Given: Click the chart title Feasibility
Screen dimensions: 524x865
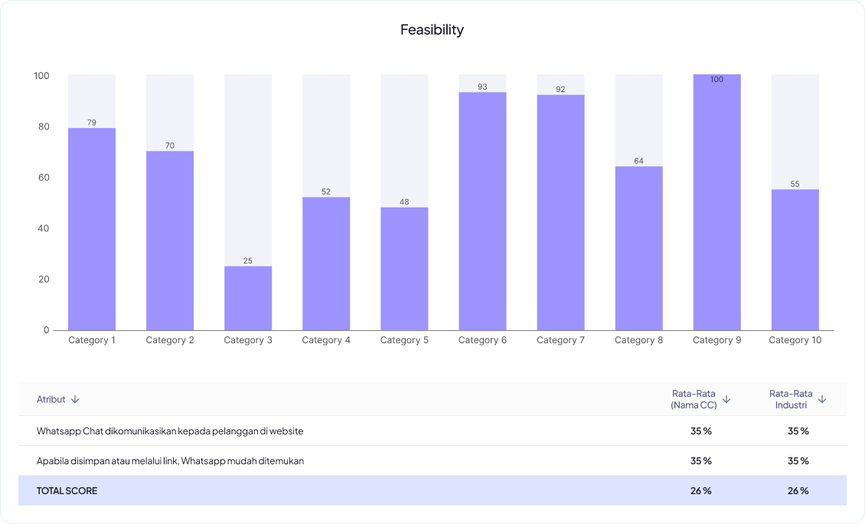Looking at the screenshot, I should click(x=432, y=30).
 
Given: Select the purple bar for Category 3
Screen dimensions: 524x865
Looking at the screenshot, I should click(x=248, y=298).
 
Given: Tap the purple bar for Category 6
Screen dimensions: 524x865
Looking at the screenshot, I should click(x=482, y=211).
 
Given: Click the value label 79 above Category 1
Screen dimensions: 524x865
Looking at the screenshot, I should click(x=92, y=123).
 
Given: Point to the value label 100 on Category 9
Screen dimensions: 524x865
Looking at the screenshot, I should click(x=716, y=80).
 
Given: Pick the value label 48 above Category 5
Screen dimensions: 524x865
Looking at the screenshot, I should click(x=404, y=202).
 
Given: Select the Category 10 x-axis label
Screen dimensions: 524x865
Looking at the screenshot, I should click(x=795, y=340).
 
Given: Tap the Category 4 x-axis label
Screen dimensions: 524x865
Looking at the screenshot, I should click(x=326, y=340).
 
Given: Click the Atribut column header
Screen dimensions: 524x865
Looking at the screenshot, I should click(x=51, y=399).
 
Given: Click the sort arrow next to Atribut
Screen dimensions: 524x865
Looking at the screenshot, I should click(x=75, y=399).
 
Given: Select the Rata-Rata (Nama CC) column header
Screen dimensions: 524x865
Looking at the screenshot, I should click(x=694, y=399).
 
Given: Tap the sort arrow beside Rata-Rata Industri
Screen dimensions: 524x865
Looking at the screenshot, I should click(x=822, y=399).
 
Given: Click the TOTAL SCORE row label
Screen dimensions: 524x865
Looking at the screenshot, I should click(x=67, y=490).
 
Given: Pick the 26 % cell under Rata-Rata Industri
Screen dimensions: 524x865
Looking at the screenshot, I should click(x=798, y=490).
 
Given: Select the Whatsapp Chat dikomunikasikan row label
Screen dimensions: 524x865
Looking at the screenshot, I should click(x=170, y=431).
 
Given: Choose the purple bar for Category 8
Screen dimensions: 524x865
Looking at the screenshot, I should click(x=638, y=248).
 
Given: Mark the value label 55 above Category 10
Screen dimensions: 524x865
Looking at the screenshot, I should click(x=795, y=185).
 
